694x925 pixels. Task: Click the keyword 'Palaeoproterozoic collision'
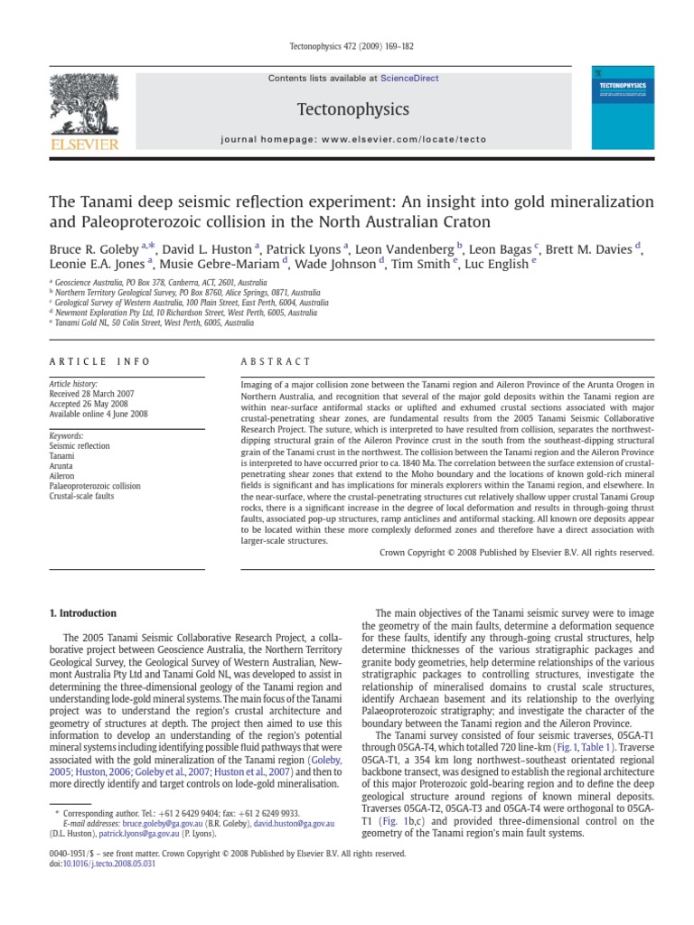(95, 486)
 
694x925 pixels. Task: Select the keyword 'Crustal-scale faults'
(82, 497)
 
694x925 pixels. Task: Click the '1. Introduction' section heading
(82, 613)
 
